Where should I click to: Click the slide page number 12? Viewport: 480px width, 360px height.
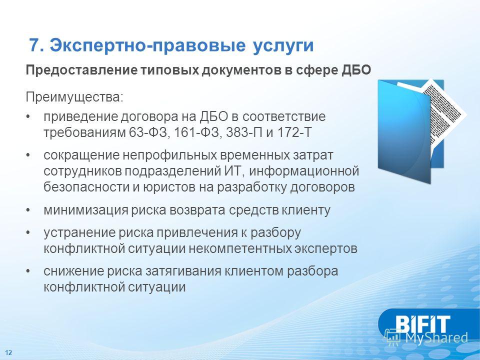pyautogui.click(x=8, y=352)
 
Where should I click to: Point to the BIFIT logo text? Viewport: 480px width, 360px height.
pyautogui.click(x=422, y=324)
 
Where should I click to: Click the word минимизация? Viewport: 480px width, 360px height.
pyautogui.click(x=85, y=210)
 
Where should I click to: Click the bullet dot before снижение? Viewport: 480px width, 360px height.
pyautogui.click(x=28, y=271)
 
